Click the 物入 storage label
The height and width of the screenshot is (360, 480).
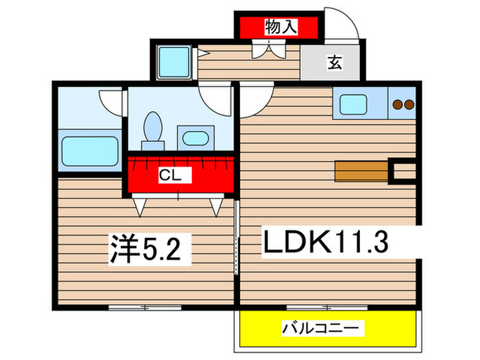281,27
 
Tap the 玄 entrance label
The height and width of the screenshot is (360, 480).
334,63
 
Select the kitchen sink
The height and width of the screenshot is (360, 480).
357,105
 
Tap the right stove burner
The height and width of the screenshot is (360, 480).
408,105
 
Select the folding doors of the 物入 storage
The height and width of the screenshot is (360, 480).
267,49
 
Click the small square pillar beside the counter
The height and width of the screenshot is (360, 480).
402,171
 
